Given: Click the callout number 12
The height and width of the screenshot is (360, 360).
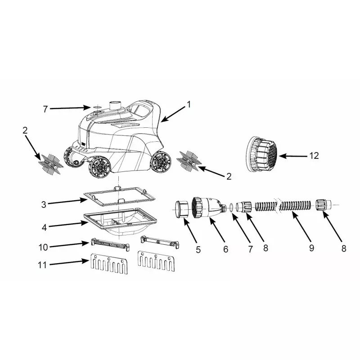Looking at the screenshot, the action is tap(314, 156).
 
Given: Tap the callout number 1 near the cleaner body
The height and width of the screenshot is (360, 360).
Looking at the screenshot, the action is tap(189, 105).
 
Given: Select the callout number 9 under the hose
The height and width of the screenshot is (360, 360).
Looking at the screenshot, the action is tap(311, 248).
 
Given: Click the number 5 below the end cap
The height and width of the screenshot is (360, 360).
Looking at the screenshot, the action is tap(198, 250).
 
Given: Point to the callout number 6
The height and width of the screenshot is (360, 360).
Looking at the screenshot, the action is tap(226, 249).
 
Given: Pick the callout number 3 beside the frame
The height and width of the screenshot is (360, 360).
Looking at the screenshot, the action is tap(44, 205).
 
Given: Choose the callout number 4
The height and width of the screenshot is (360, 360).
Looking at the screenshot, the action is tap(44, 228).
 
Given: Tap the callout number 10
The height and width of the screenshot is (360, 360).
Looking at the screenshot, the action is tap(43, 247).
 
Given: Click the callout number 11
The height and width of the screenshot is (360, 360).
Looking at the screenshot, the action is tap(42, 265).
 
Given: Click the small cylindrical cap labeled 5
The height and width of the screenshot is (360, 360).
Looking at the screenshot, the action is tap(182, 209).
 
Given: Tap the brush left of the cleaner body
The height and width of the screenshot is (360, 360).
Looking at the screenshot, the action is tap(51, 164).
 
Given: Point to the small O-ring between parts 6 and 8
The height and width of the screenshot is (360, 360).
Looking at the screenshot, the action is tap(231, 207).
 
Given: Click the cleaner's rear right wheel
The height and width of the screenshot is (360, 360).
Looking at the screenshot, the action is tap(161, 162).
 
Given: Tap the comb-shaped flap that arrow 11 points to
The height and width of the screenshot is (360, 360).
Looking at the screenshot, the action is tap(109, 264).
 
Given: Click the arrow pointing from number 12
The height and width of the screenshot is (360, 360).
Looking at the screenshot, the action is tap(293, 156).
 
